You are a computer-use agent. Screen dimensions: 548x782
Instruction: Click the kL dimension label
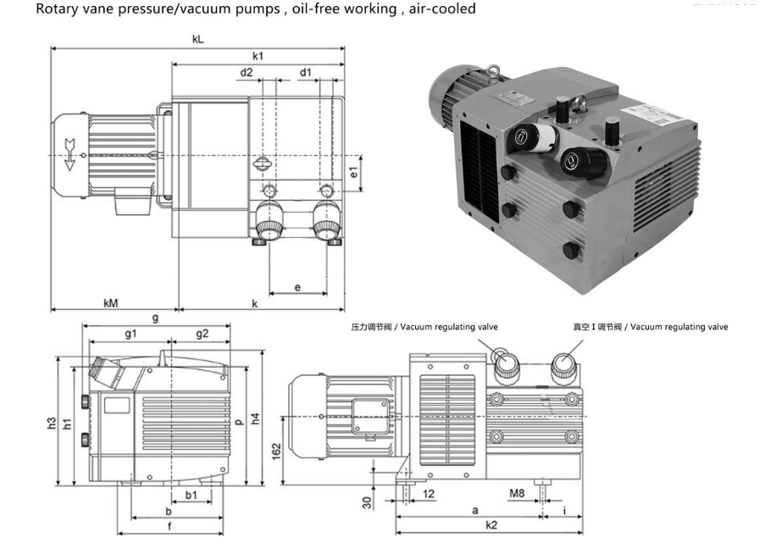(197, 40)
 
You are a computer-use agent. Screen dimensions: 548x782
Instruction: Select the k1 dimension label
(258, 56)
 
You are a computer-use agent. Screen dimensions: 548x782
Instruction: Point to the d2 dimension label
(246, 73)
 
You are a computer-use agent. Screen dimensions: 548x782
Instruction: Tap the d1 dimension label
(305, 73)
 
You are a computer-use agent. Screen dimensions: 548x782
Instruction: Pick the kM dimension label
(111, 303)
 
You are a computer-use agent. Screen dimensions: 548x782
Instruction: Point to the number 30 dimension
(368, 501)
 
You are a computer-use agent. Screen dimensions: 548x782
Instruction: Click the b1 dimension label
(191, 493)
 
